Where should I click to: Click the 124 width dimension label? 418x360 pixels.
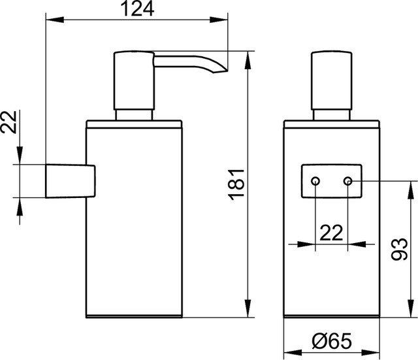coord(137,9)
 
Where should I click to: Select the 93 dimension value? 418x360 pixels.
coord(399,249)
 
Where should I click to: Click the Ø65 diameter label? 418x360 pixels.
coord(332,341)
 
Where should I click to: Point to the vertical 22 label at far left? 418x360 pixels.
coord(8,122)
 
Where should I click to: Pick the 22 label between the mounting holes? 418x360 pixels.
coord(331,233)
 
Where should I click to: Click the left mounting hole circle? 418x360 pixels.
coord(315,182)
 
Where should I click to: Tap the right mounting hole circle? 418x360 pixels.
coord(347,182)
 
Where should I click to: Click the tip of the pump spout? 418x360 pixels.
coord(227,71)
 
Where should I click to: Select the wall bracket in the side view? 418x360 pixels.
coord(71,181)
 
